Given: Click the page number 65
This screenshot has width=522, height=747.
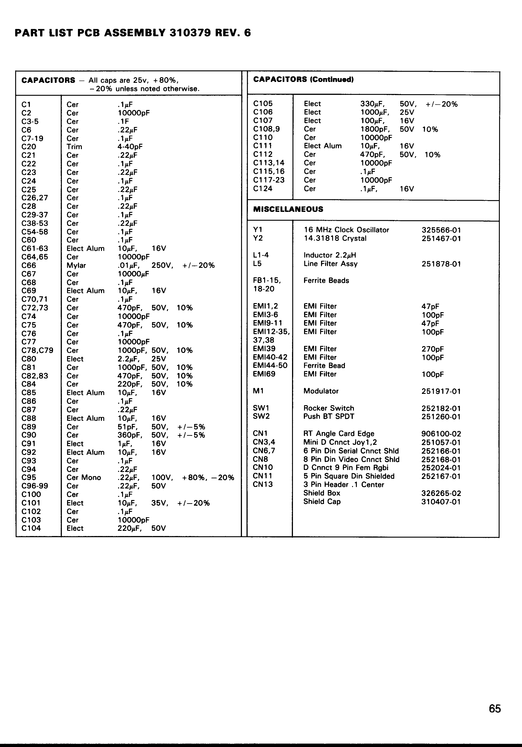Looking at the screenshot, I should click(495, 708).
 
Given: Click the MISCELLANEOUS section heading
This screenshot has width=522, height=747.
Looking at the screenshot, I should click(288, 209).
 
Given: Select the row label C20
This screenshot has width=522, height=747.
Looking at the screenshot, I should click(29, 147).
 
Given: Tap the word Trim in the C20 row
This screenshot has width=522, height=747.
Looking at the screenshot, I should click(74, 147).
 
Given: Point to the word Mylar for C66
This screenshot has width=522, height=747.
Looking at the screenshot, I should click(76, 266).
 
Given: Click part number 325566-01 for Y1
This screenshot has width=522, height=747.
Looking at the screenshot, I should click(441, 230).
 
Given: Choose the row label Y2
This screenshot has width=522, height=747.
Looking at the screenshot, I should click(258, 238).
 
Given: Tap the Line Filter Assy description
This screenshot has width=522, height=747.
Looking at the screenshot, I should click(331, 264).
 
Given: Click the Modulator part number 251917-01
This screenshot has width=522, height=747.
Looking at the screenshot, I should click(441, 391).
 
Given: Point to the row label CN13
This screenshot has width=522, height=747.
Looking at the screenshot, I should click(263, 484).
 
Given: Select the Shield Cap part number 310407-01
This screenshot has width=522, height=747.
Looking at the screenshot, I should click(441, 502).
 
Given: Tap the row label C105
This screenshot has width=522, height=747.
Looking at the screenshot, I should click(263, 104).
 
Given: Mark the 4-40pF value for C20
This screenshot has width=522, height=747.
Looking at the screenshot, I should click(130, 147).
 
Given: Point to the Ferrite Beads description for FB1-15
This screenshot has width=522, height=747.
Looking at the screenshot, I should click(326, 281).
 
